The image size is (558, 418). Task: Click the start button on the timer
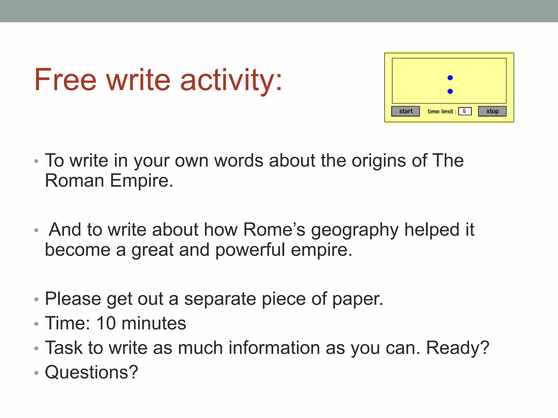tap(405, 111)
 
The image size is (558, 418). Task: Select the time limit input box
tap(465, 111)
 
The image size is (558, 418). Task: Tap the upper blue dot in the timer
tap(450, 78)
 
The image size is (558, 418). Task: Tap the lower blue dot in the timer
tap(450, 91)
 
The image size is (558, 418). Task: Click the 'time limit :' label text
tap(442, 111)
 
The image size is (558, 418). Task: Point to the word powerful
tap(250, 250)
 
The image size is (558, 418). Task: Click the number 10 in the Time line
tap(106, 323)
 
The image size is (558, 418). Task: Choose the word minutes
tap(154, 323)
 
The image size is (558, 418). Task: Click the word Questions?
tap(92, 372)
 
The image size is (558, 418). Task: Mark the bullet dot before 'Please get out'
tap(37, 300)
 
